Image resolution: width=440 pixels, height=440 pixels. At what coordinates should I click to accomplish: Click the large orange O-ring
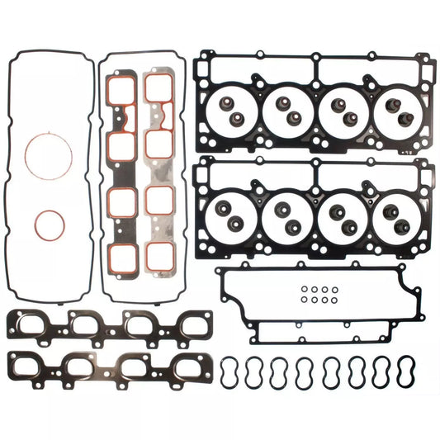[x=45, y=154]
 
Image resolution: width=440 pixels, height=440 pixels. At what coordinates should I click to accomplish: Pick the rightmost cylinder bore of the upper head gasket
[x=397, y=111]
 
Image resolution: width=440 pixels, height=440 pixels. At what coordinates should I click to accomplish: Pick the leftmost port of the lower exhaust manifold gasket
[x=35, y=366]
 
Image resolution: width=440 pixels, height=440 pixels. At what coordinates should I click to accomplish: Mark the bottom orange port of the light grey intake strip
[x=158, y=254]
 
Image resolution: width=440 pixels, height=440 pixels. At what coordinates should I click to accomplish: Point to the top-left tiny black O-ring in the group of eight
[x=305, y=290]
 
